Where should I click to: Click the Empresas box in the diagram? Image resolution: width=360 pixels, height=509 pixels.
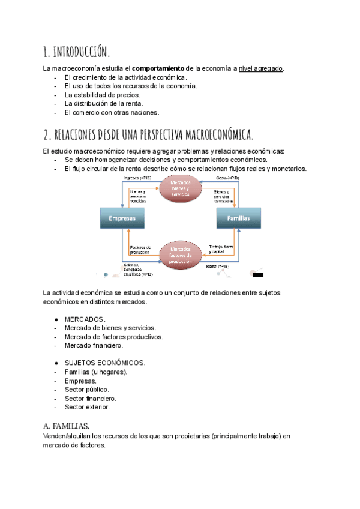coord(122,218)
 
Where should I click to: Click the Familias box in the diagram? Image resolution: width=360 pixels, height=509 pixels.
coord(238,218)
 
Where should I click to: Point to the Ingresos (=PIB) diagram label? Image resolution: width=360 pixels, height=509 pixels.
coord(137,178)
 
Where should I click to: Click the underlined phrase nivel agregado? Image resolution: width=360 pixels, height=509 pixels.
coord(261,68)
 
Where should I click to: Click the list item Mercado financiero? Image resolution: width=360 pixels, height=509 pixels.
coord(94,345)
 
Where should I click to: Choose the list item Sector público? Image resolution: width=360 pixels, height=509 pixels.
coord(87,390)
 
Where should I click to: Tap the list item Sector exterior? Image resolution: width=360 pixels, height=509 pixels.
coord(88,407)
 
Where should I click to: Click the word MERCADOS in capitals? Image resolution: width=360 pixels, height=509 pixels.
coord(85,319)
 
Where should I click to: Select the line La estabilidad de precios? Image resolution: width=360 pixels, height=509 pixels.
coord(102,95)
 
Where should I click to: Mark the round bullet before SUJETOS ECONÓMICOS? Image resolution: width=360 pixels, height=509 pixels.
coord(56,363)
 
